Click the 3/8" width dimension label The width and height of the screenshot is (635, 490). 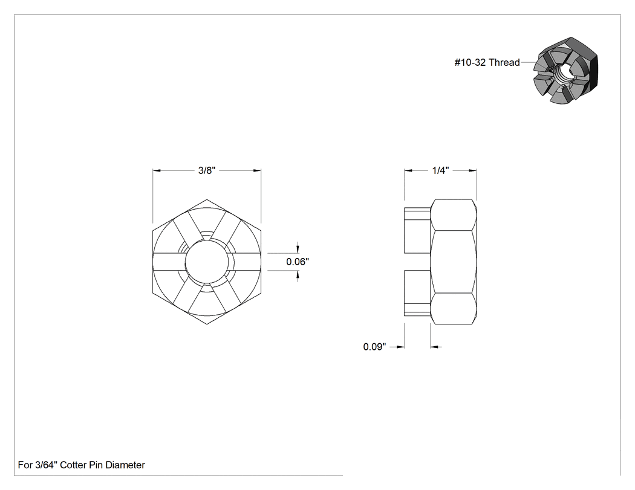tap(207, 170)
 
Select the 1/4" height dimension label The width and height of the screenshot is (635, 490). tap(440, 170)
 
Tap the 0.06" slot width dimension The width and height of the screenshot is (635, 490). tap(298, 262)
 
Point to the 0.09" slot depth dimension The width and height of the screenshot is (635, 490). tap(374, 347)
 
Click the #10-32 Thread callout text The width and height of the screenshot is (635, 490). tap(487, 62)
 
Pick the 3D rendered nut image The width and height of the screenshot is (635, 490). tap(565, 71)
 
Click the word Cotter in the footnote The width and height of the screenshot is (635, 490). tap(73, 465)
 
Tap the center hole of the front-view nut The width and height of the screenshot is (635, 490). tap(207, 262)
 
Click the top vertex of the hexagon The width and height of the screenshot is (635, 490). tap(207, 199)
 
